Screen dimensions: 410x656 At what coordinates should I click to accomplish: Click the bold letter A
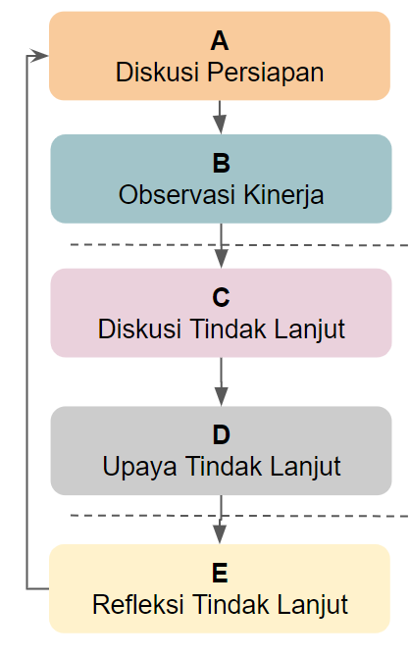[x=220, y=41]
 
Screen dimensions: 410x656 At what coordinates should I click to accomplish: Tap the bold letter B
[x=222, y=163]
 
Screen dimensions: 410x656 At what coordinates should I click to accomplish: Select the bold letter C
[x=221, y=297]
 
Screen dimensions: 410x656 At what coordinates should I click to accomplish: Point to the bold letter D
[x=222, y=435]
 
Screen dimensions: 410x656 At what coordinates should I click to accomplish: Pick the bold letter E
[x=220, y=573]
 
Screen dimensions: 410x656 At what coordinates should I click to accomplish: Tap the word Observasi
[x=178, y=195]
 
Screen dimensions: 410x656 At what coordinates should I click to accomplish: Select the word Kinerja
[x=283, y=196]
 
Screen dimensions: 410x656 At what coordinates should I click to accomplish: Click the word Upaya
[x=139, y=468]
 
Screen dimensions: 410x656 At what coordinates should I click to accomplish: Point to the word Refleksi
[x=138, y=605]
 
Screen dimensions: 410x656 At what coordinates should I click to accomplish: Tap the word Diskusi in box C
[x=139, y=328]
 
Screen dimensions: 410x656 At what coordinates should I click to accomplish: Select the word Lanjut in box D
[x=305, y=468]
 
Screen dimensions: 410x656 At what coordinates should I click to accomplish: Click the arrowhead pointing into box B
[x=220, y=125]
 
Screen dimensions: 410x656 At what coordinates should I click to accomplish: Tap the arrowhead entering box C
[x=222, y=259]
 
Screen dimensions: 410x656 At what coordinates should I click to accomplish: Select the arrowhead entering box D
[x=222, y=396]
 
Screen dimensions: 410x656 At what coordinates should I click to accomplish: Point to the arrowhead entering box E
[x=220, y=534]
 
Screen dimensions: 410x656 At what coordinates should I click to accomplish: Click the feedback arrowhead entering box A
[x=40, y=55]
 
